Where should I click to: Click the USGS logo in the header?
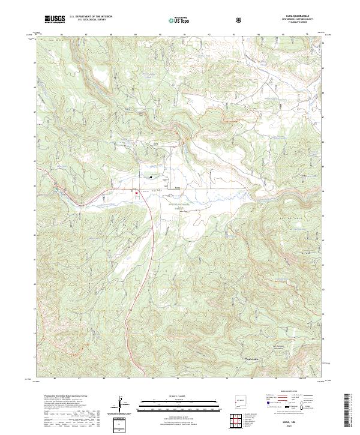[x=55, y=20]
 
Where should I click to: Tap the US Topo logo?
[x=178, y=20]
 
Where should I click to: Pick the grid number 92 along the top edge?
[x=209, y=34]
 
